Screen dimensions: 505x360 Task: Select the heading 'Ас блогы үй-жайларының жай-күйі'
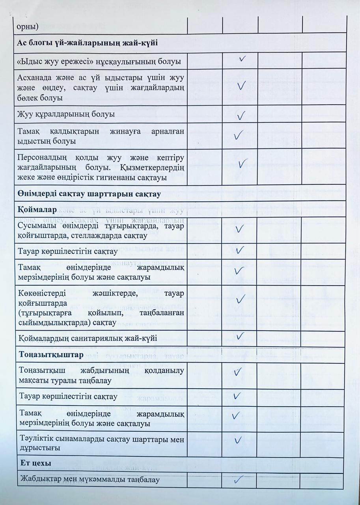pyautogui.click(x=87, y=43)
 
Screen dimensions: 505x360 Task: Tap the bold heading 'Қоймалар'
pyautogui.click(x=37, y=208)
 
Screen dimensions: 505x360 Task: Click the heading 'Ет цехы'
pyautogui.click(x=35, y=464)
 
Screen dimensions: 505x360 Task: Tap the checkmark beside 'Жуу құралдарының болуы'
pyautogui.click(x=241, y=115)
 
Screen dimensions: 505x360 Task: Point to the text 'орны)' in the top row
pyautogui.click(x=27, y=26)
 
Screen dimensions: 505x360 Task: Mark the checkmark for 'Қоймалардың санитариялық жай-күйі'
pyautogui.click(x=240, y=336)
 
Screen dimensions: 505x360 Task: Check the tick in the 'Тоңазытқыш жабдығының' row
pyautogui.click(x=237, y=372)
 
